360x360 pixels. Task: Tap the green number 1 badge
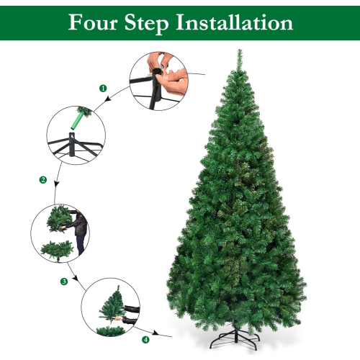(103, 87)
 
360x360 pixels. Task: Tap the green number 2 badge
(43, 179)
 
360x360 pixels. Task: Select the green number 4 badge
(147, 339)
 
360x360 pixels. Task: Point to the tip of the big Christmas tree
(238, 52)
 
